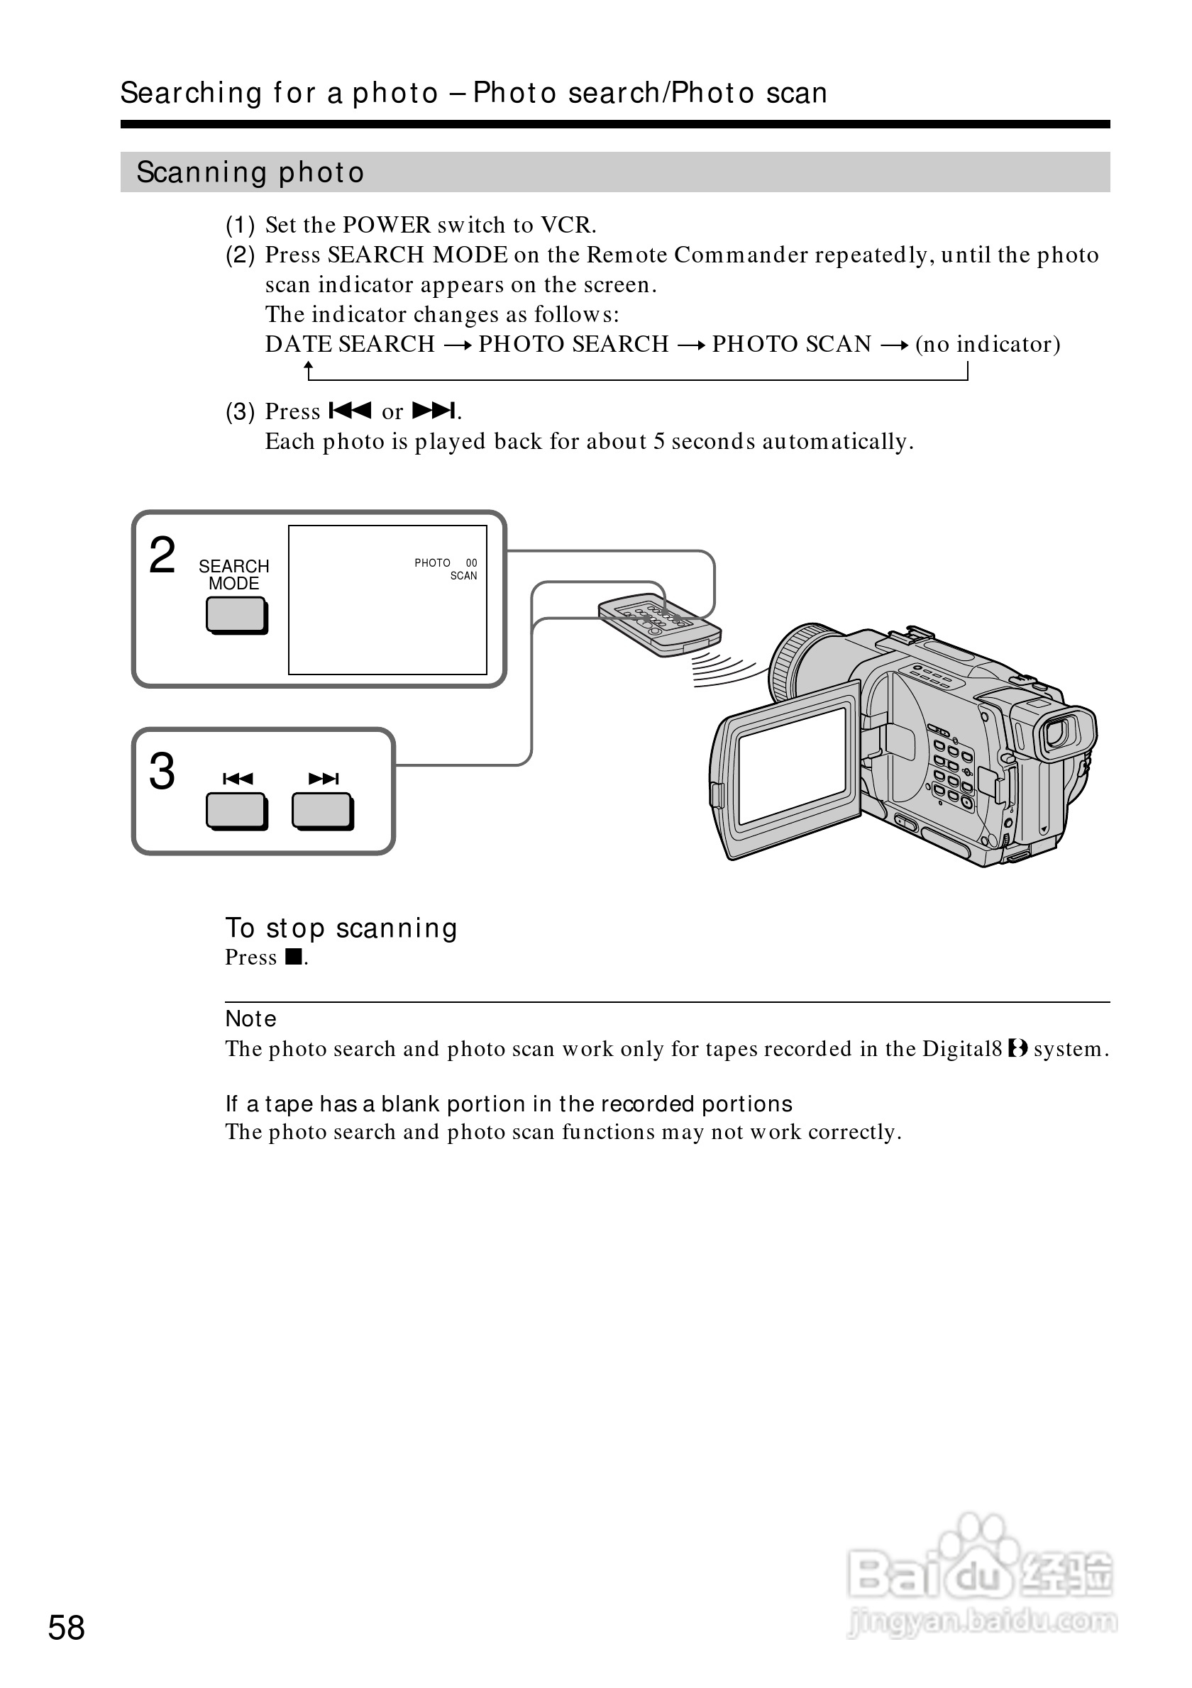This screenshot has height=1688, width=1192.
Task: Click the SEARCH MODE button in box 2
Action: [x=236, y=615]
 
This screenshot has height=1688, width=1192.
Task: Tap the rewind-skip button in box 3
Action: [x=236, y=811]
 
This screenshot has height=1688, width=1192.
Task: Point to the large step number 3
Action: [x=162, y=771]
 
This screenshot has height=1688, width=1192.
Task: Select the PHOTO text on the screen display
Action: [x=432, y=563]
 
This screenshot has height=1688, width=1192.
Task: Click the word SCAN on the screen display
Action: [x=463, y=576]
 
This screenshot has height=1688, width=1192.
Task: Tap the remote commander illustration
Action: [x=659, y=623]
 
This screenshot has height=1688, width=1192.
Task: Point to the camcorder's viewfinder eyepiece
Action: [x=1059, y=734]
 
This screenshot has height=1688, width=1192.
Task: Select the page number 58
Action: [x=66, y=1628]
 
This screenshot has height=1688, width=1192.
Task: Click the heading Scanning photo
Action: [x=250, y=173]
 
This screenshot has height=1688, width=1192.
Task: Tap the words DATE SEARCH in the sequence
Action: [x=350, y=344]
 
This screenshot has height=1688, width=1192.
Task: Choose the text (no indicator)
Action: [x=988, y=344]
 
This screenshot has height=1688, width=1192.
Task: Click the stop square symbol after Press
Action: [x=294, y=957]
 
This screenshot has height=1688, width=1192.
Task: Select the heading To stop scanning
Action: [x=341, y=928]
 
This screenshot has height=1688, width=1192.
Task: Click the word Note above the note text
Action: [x=250, y=1019]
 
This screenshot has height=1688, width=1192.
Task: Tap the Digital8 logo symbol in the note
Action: [x=1017, y=1048]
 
